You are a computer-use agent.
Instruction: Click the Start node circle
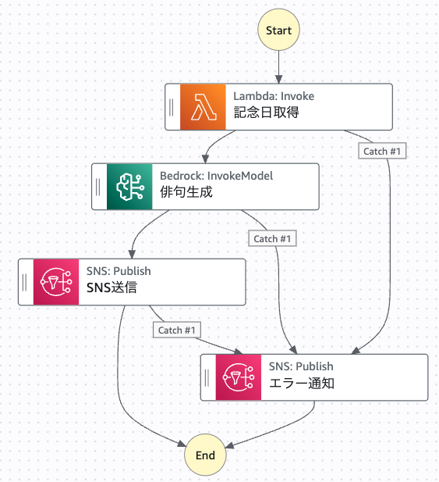coord(278,30)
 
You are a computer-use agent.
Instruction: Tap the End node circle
coord(205,455)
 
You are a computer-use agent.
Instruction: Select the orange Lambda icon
coord(203,107)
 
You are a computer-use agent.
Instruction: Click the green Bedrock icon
coord(129,187)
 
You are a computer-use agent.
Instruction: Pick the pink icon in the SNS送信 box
coord(56,282)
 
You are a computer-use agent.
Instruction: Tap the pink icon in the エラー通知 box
coord(239,377)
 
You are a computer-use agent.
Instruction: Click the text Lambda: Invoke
coord(274,96)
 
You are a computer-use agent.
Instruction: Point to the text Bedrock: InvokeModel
coord(216,176)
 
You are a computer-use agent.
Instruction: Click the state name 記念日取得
coord(266,112)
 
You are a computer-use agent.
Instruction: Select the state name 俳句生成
coord(186,192)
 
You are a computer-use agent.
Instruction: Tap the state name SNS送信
coord(112,287)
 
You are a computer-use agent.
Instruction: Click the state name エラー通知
coord(302,383)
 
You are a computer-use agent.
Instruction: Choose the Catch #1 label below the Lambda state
coord(382,151)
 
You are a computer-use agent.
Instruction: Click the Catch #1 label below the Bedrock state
coord(272,238)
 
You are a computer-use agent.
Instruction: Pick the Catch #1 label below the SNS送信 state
coord(177,330)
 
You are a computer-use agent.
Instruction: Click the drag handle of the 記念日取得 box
coord(172,107)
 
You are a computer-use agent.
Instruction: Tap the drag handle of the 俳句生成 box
coord(98,187)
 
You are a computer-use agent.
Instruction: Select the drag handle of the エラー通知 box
coord(207,377)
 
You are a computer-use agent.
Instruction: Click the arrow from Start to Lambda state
coord(278,67)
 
